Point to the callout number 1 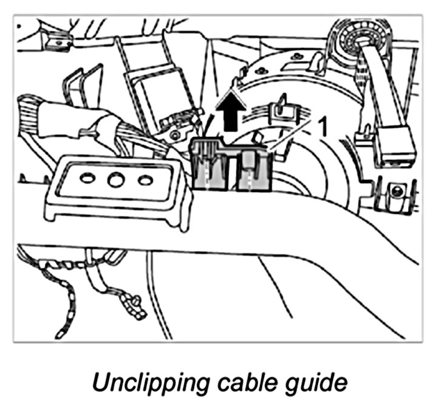pyautogui.click(x=323, y=127)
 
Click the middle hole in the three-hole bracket pyautogui.click(x=115, y=180)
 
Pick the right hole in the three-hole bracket pyautogui.click(x=144, y=180)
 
